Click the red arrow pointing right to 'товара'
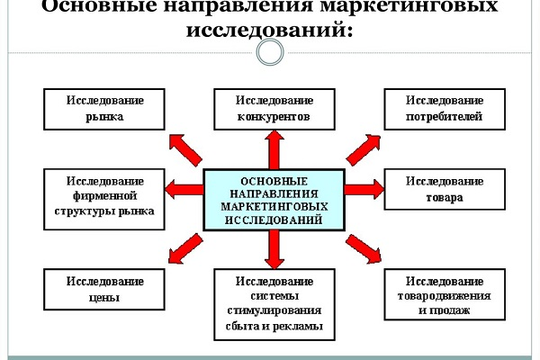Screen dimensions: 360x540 364,189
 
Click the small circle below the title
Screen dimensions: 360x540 269,51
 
